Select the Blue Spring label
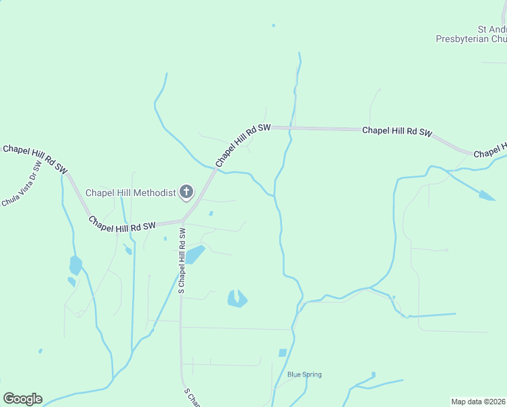[x=304, y=374]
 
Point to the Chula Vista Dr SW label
[x=22, y=182]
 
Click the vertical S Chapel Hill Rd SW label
[x=182, y=260]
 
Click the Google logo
[x=22, y=398]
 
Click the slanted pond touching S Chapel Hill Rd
[x=195, y=254]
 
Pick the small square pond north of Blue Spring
[x=283, y=353]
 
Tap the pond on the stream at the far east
[x=487, y=196]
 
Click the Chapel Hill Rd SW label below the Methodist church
[x=123, y=225]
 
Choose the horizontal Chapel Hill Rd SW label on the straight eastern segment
[x=397, y=132]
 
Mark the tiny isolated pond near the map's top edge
[x=273, y=26]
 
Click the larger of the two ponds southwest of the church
[x=75, y=264]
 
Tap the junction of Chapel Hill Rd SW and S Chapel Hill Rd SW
[x=182, y=220]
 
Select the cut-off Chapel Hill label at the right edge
[x=490, y=151]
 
